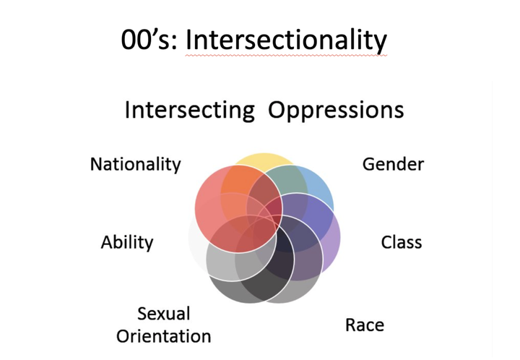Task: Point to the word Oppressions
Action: pyautogui.click(x=336, y=110)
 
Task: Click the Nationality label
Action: pyautogui.click(x=135, y=164)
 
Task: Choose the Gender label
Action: pyautogui.click(x=393, y=164)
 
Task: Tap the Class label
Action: pyautogui.click(x=402, y=241)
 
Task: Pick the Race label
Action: pyautogui.click(x=365, y=325)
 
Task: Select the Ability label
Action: pyautogui.click(x=127, y=241)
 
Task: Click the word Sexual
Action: pyautogui.click(x=164, y=314)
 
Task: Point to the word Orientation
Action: pyautogui.click(x=164, y=336)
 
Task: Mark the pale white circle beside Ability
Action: pyautogui.click(x=196, y=246)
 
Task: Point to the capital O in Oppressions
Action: pyautogui.click(x=277, y=110)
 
